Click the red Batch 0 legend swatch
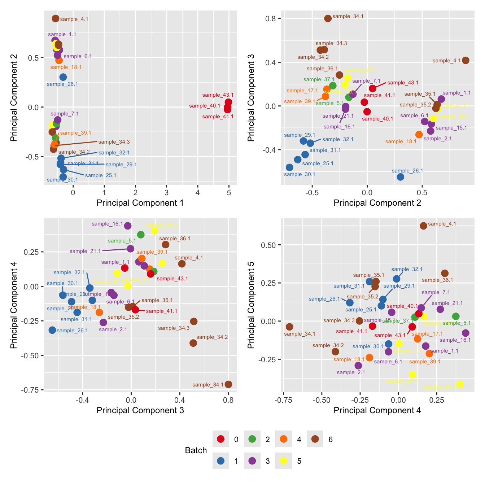click(221, 439)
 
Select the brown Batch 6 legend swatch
click(315, 439)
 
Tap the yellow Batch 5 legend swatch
click(284, 461)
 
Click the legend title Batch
click(196, 450)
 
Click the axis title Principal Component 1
click(140, 203)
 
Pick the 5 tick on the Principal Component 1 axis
click(229, 192)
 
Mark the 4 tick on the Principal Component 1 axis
click(198, 192)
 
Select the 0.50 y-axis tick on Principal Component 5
click(268, 245)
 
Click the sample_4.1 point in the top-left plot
click(56, 18)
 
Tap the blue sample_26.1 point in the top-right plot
click(400, 177)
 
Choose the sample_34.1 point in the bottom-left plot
click(228, 384)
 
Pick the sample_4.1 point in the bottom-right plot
click(423, 226)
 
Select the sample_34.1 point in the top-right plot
click(328, 18)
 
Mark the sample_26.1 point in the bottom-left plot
click(52, 330)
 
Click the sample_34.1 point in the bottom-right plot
click(289, 327)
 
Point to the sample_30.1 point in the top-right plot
click(289, 167)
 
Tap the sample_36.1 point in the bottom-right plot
click(445, 273)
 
